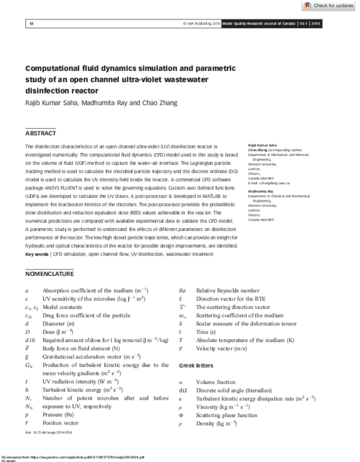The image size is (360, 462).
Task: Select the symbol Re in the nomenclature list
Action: click(182, 290)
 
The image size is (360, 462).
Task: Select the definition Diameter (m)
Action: click(60, 323)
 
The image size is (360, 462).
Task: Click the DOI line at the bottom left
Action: click(42, 433)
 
